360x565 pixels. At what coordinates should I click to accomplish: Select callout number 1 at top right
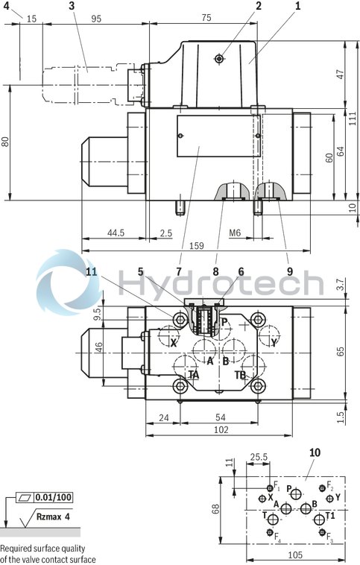(x=297, y=7)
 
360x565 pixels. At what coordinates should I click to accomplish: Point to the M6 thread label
(x=235, y=233)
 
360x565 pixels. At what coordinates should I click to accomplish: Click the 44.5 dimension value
(x=115, y=233)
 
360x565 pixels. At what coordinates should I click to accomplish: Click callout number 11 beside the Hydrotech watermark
(x=91, y=271)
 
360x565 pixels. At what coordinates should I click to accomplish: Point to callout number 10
(x=314, y=452)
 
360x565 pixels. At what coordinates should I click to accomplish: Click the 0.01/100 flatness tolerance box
(x=54, y=496)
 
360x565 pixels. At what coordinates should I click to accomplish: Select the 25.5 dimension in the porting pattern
(x=259, y=458)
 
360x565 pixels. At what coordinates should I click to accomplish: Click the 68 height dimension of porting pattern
(x=216, y=509)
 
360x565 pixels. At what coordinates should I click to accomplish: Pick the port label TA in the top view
(x=194, y=375)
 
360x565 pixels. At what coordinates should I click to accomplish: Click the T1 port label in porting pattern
(x=330, y=515)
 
